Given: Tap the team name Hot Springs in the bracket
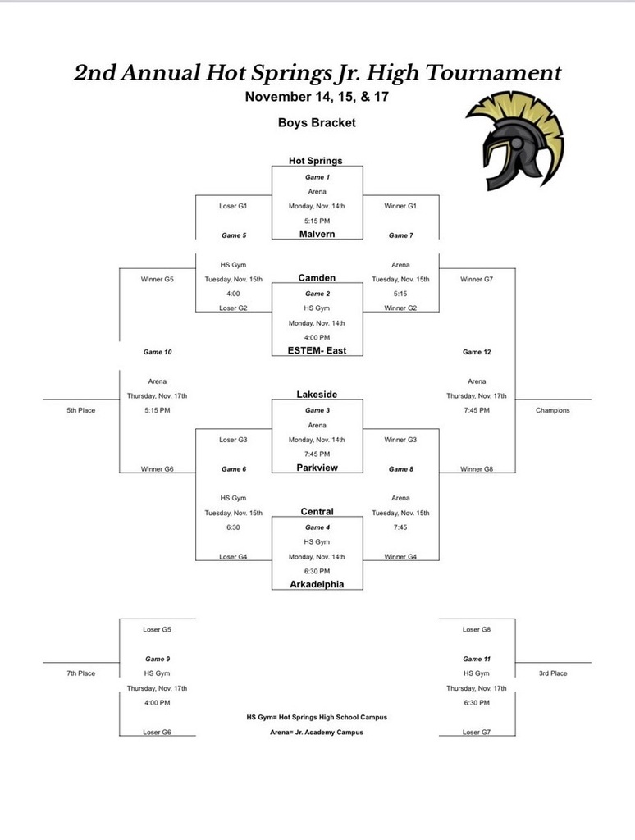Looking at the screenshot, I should pyautogui.click(x=315, y=161).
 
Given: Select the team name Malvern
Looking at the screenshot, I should pyautogui.click(x=317, y=234).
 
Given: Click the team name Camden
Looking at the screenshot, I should pyautogui.click(x=317, y=278).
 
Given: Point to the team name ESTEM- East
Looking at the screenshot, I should pyautogui.click(x=317, y=351).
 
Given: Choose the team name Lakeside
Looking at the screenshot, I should pyautogui.click(x=317, y=395).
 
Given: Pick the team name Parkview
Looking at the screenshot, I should pyautogui.click(x=317, y=468).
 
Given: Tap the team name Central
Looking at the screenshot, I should pyautogui.click(x=317, y=511).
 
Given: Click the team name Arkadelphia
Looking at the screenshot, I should pyautogui.click(x=317, y=584).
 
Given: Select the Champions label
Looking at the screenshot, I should pyautogui.click(x=552, y=410).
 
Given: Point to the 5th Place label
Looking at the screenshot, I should pyautogui.click(x=81, y=410).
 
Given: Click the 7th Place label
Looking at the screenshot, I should pyautogui.click(x=81, y=673).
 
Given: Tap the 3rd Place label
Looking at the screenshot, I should pyautogui.click(x=553, y=673).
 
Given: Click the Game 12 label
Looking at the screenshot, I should pyautogui.click(x=477, y=352).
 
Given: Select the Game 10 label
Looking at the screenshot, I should pyautogui.click(x=158, y=352).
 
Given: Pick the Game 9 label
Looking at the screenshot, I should pyautogui.click(x=157, y=659).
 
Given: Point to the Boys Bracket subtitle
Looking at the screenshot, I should pyautogui.click(x=317, y=123).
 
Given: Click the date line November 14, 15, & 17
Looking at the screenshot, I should pyautogui.click(x=317, y=97).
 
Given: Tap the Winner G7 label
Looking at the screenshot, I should pyautogui.click(x=477, y=279).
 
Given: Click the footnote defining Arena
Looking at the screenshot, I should pyautogui.click(x=317, y=732).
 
